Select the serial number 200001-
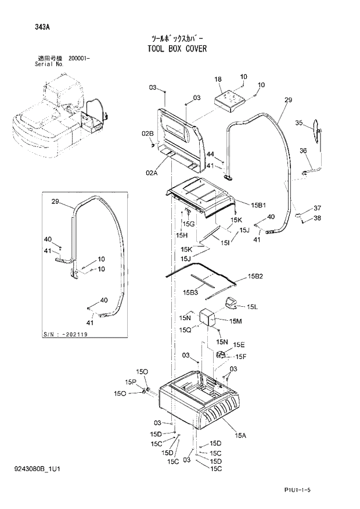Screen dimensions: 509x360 [78, 59]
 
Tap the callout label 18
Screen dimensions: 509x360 [218, 79]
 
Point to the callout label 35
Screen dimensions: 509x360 [298, 123]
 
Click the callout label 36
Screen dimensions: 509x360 [303, 151]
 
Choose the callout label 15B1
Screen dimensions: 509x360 [258, 205]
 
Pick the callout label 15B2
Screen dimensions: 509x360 [255, 276]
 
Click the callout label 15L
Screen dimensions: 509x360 [252, 306]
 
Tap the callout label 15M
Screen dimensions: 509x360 [235, 321]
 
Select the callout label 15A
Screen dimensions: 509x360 [240, 435]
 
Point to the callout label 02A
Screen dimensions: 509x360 [152, 173]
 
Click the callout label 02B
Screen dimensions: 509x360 [147, 134]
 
